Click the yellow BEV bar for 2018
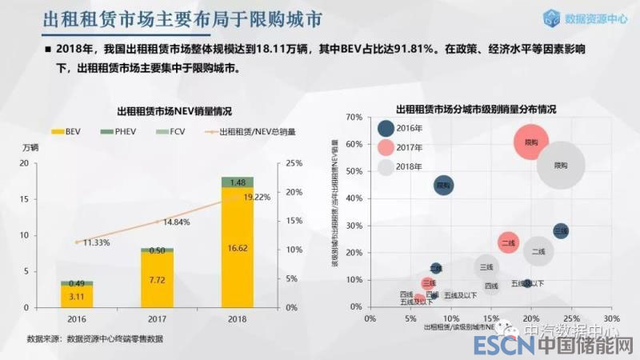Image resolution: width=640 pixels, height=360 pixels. [x=237, y=248]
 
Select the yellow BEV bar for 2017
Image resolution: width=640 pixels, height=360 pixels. [x=157, y=281]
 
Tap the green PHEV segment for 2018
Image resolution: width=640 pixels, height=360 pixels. [x=237, y=182]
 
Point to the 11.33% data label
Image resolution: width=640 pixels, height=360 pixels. [x=95, y=242]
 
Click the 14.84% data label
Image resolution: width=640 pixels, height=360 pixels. [x=176, y=222]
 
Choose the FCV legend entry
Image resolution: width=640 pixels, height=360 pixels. [x=162, y=131]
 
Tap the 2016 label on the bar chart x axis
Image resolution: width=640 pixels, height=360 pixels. [x=77, y=318]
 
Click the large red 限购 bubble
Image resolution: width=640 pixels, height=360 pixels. [x=530, y=142]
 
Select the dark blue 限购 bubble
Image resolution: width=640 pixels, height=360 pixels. [x=444, y=186]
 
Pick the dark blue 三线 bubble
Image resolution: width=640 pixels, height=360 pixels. [x=561, y=230]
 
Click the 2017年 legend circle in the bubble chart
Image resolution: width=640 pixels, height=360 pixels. [x=386, y=147]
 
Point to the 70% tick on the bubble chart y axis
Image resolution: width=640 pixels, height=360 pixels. [x=354, y=117]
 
